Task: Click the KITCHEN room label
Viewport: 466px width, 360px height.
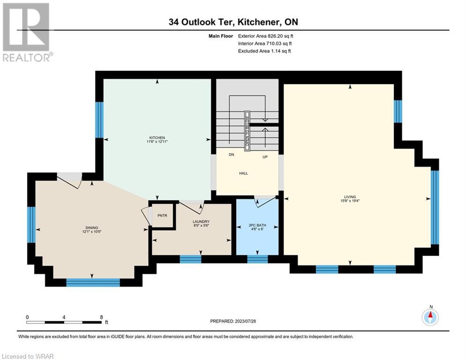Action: pyautogui.click(x=157, y=138)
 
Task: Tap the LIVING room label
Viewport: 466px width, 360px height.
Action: pyautogui.click(x=350, y=197)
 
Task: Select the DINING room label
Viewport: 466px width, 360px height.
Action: pyautogui.click(x=92, y=228)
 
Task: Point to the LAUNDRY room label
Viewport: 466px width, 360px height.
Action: pyautogui.click(x=201, y=222)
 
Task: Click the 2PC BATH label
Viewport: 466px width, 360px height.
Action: pyautogui.click(x=258, y=225)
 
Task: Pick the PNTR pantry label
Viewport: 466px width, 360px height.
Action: pyautogui.click(x=162, y=216)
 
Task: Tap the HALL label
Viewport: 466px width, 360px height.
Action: pyautogui.click(x=244, y=173)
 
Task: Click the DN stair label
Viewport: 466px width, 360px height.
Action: pyautogui.click(x=231, y=154)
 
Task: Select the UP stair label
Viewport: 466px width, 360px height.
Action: pyautogui.click(x=265, y=157)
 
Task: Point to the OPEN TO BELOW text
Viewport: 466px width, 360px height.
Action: pyautogui.click(x=247, y=131)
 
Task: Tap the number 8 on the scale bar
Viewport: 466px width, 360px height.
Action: pyautogui.click(x=102, y=317)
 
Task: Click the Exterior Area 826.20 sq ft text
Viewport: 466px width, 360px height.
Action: pyautogui.click(x=266, y=36)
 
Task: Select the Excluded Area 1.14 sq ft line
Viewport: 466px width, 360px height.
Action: pyautogui.click(x=265, y=51)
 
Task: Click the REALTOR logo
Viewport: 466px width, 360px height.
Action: pyautogui.click(x=27, y=32)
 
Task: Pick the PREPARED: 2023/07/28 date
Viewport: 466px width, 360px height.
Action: pyautogui.click(x=233, y=321)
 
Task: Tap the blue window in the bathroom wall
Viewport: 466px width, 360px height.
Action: pyautogui.click(x=258, y=259)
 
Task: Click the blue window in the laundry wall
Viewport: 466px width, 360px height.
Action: pyautogui.click(x=191, y=259)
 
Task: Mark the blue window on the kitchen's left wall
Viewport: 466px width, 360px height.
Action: pyautogui.click(x=99, y=120)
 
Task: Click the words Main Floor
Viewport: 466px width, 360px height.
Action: pyautogui.click(x=221, y=36)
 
